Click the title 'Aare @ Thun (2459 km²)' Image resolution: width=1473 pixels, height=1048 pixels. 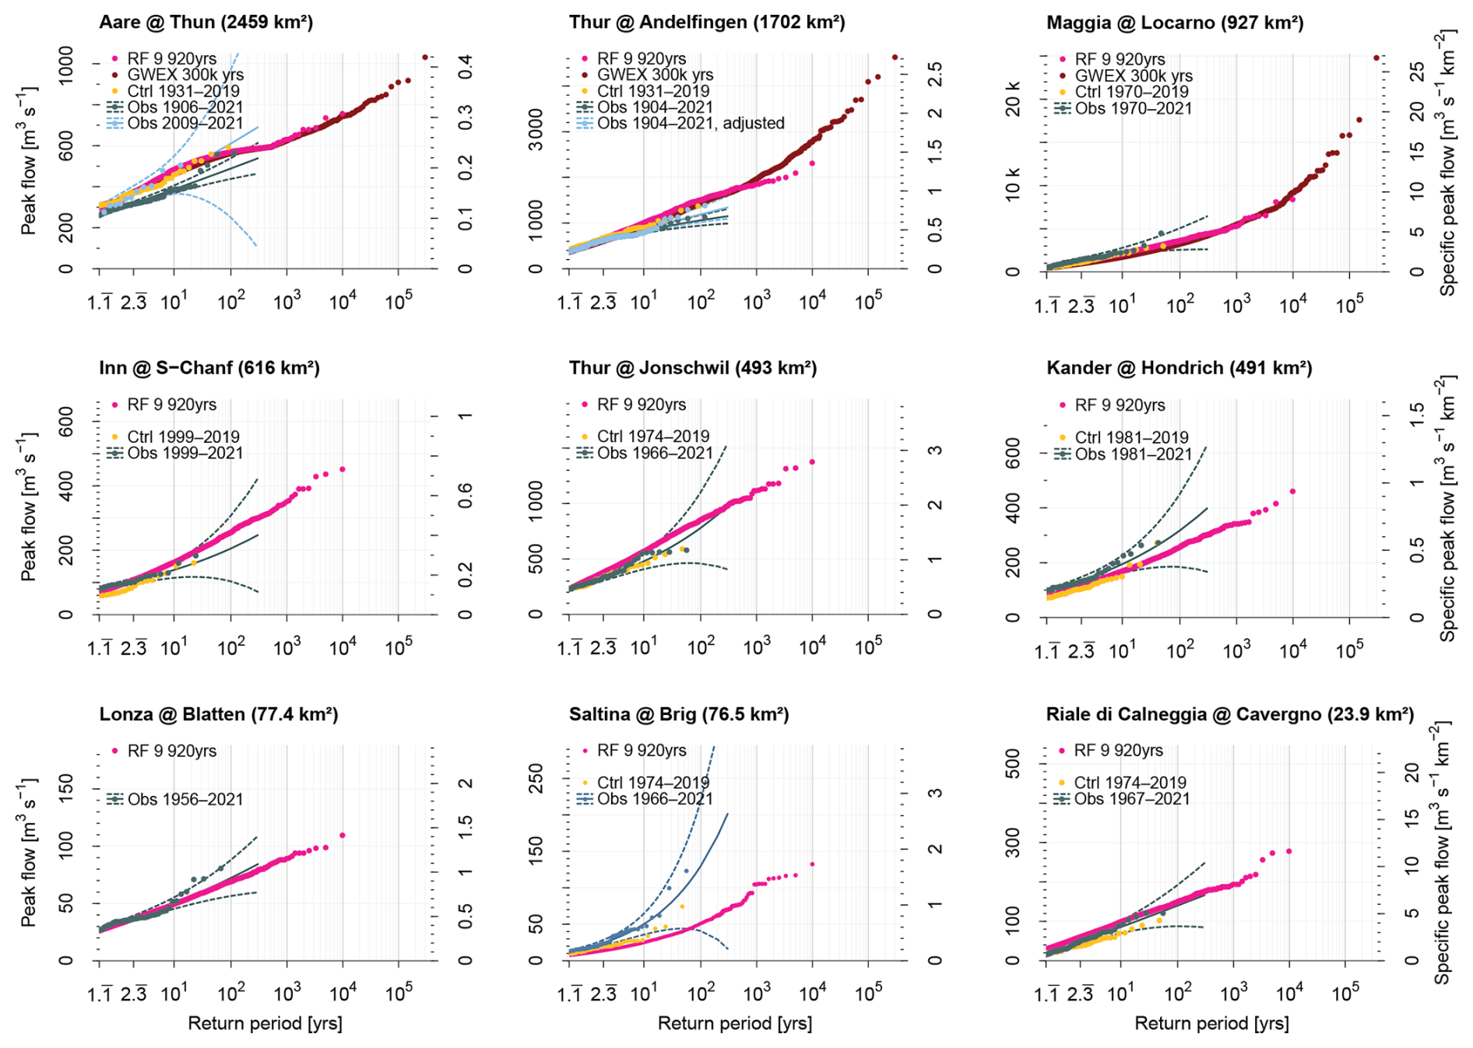(206, 22)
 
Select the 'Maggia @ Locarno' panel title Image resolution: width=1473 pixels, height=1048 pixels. (1174, 23)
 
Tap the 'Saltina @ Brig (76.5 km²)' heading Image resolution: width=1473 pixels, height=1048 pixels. (678, 714)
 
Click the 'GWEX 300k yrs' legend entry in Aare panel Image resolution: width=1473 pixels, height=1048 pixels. (185, 75)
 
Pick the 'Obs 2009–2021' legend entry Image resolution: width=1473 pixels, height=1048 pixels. (185, 123)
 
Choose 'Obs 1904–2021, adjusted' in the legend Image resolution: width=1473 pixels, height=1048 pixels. (690, 123)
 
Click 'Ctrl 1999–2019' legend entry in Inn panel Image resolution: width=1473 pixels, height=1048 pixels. (184, 436)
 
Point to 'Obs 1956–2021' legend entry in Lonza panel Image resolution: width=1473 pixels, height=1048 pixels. (185, 799)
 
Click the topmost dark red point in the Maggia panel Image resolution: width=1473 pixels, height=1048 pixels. (1376, 58)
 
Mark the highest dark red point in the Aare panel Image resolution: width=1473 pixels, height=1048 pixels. (424, 57)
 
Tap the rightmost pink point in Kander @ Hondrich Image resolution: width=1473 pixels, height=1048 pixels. (1292, 492)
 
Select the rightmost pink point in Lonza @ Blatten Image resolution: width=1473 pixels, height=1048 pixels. (343, 836)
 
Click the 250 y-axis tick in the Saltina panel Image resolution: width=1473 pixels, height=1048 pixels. (536, 779)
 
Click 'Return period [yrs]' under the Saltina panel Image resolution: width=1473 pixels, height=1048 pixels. (734, 1023)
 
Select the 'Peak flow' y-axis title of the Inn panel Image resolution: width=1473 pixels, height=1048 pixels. (28, 507)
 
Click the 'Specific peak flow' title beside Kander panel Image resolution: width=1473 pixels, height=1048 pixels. (1447, 510)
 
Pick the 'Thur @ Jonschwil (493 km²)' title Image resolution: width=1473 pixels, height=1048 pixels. (692, 368)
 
